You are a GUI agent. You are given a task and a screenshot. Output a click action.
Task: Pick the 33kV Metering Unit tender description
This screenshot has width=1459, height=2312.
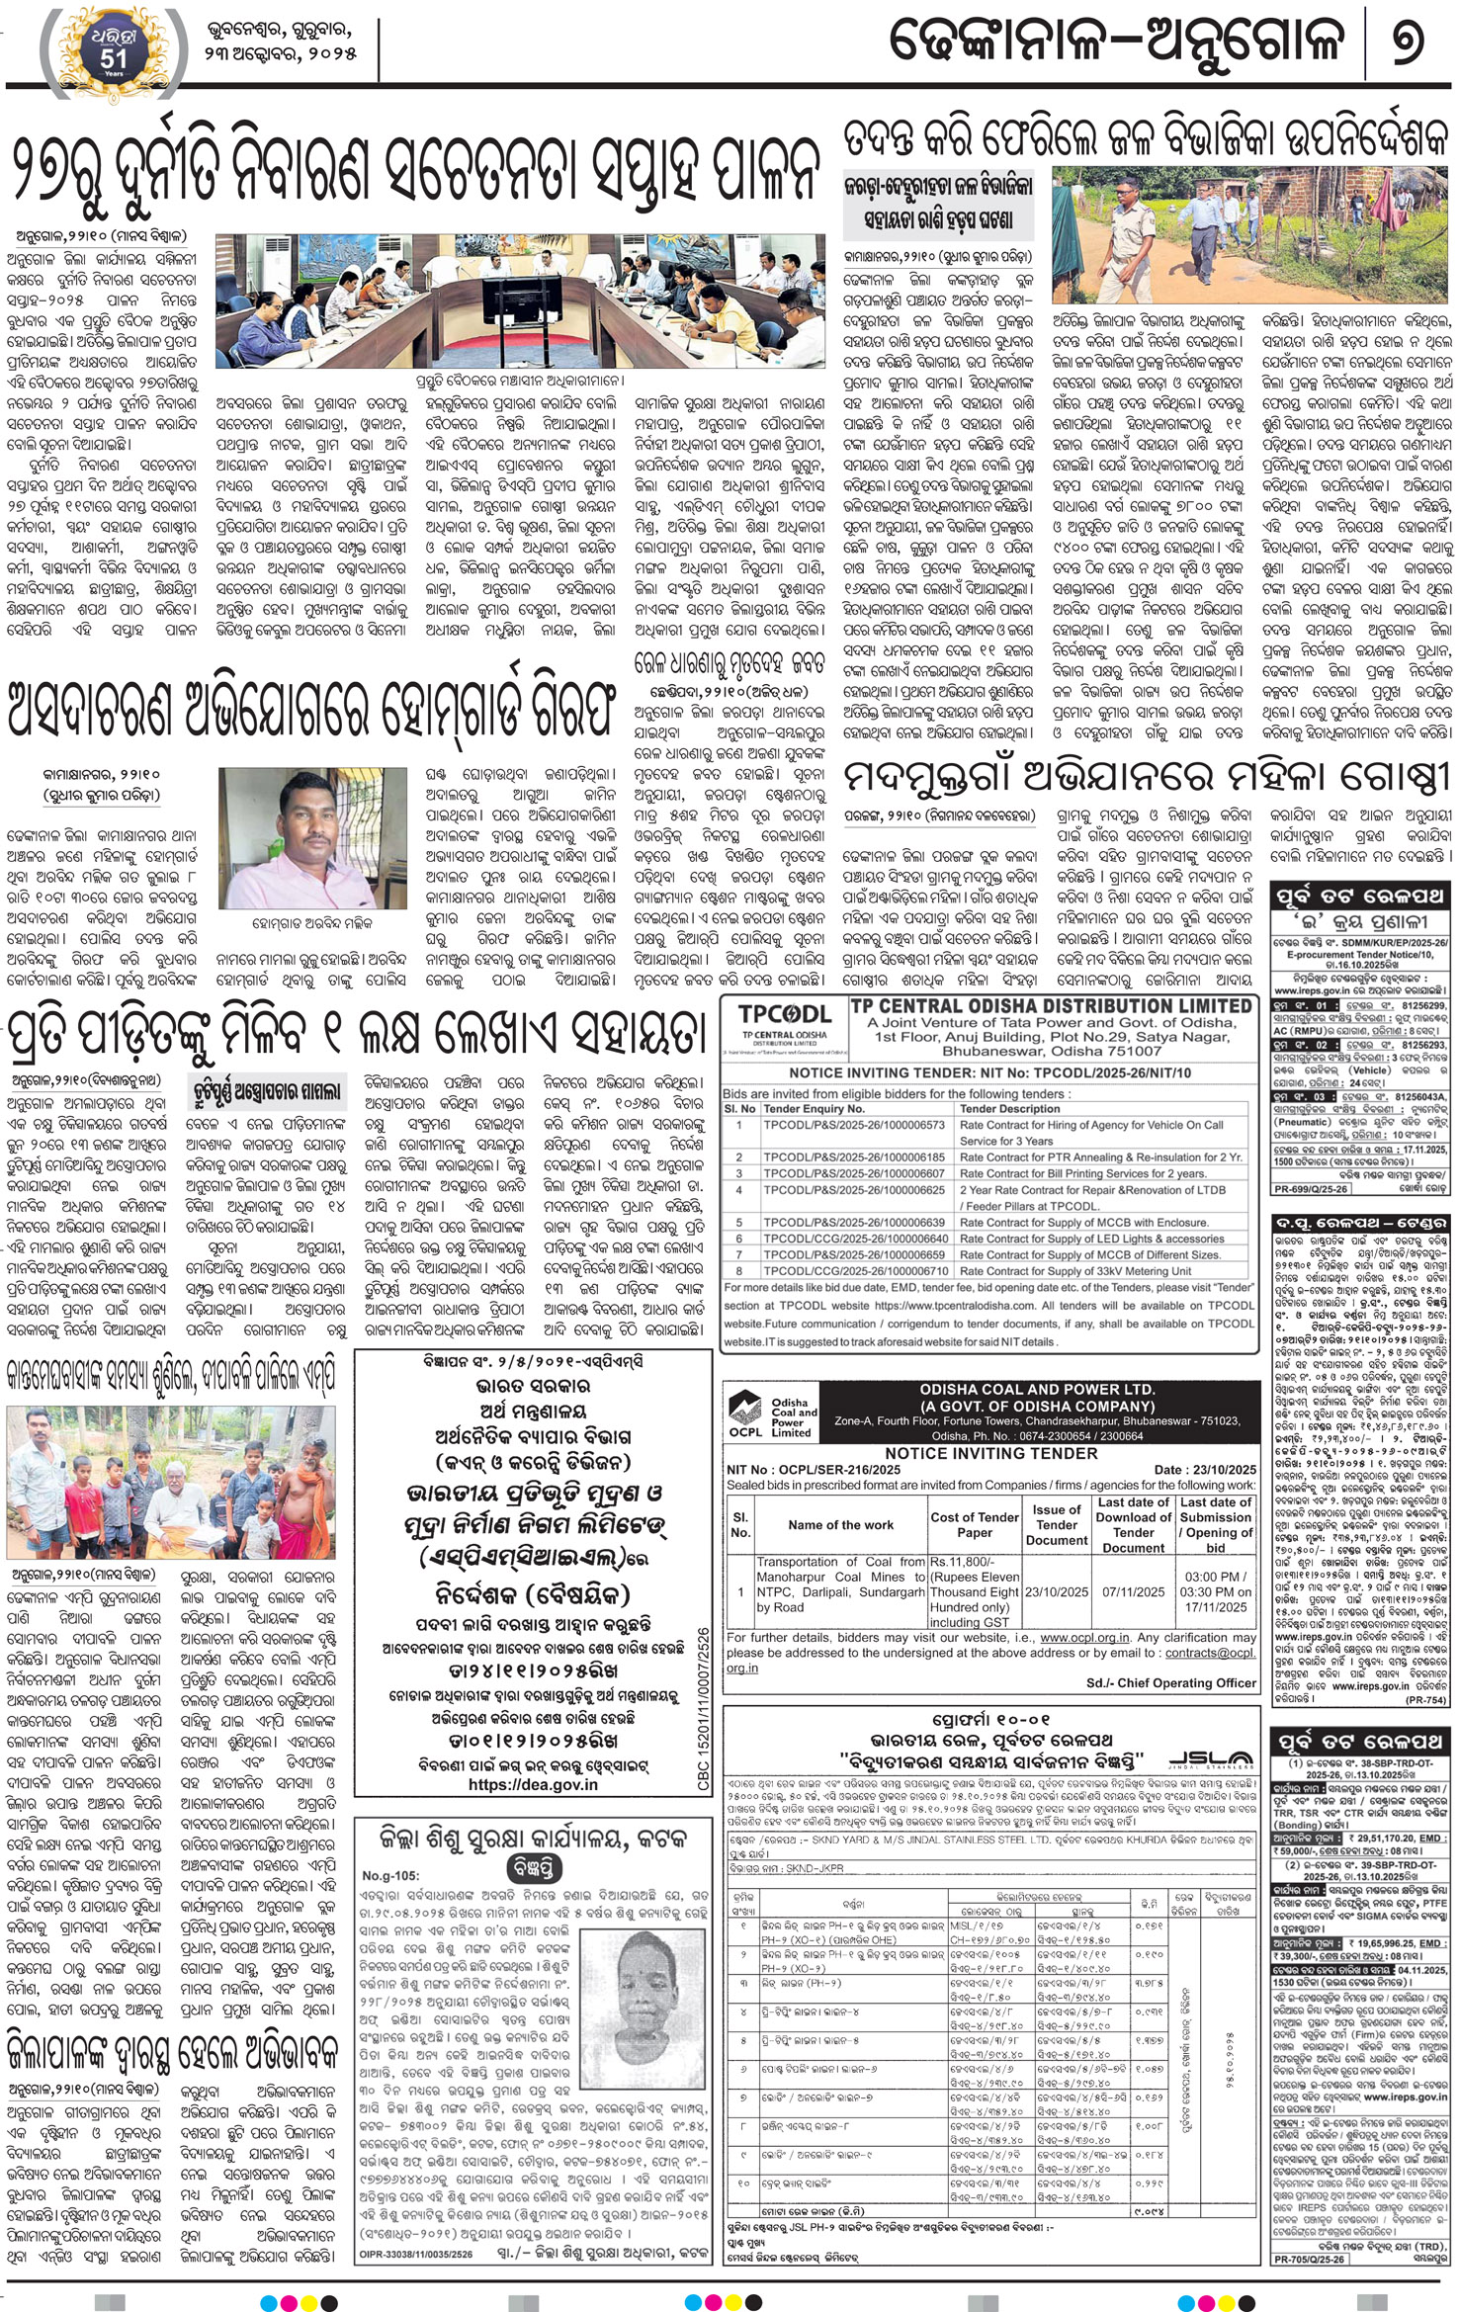(x=1076, y=1271)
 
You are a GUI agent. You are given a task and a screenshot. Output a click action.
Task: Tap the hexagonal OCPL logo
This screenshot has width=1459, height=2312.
(x=745, y=1415)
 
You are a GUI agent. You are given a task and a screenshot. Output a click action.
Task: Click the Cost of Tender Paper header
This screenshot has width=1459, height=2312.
(x=974, y=1524)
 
